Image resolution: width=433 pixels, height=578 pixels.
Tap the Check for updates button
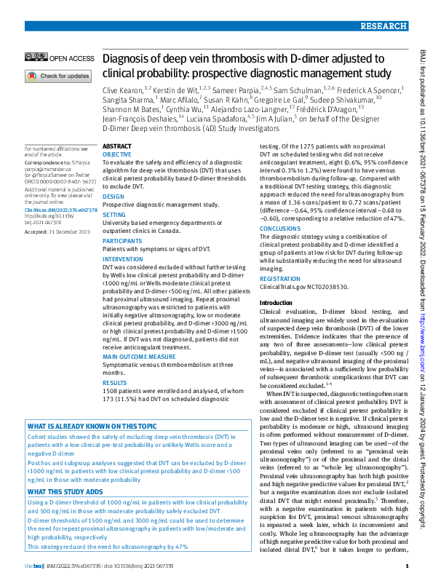pyautogui.click(x=58, y=76)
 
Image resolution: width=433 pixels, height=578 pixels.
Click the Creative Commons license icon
pyautogui.click(x=35, y=57)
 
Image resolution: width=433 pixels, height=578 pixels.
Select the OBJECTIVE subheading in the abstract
pyautogui.click(x=116, y=155)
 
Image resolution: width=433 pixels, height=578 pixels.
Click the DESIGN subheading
pyautogui.click(x=113, y=197)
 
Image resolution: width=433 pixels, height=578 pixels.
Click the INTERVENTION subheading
pyautogui.click(x=123, y=258)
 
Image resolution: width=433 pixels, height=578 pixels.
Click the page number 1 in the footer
pyautogui.click(x=404, y=566)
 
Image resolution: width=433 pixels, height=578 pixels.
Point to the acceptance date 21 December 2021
pyautogui.click(x=71, y=231)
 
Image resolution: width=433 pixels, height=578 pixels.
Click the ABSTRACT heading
pyautogui.click(x=117, y=146)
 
